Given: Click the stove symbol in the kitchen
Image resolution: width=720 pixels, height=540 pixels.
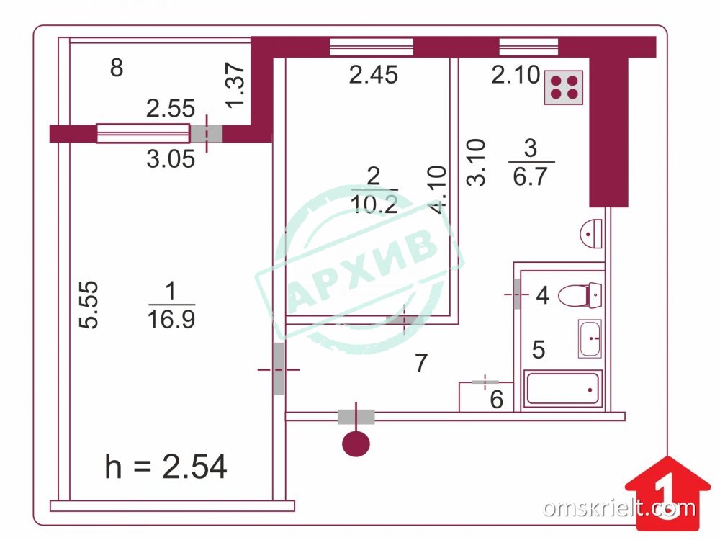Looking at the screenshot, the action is coord(564,87).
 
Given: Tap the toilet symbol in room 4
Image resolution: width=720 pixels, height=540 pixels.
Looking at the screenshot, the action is coord(580,295).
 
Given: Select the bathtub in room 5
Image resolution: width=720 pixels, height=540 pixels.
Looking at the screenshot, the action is coord(563,389).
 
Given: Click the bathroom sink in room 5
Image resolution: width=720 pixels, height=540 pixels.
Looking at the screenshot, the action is coord(590,338).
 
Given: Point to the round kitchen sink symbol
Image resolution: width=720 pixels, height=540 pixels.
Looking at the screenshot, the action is coord(591,234).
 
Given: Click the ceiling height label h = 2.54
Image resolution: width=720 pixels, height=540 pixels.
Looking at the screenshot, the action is coord(166,467).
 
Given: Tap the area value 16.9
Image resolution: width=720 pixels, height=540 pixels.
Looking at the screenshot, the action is coord(171,319).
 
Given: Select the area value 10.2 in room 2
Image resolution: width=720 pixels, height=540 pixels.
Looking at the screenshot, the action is coord(374,204).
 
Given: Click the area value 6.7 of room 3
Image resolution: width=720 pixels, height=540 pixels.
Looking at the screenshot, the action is coord(531,176).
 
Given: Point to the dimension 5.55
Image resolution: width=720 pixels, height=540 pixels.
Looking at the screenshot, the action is coord(89,305).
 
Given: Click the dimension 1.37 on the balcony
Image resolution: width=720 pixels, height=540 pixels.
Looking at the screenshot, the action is coord(236,85).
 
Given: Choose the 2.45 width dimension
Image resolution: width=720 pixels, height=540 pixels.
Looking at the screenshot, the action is coord(373,75).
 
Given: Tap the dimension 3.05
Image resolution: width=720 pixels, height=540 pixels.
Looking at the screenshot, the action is coord(171,159).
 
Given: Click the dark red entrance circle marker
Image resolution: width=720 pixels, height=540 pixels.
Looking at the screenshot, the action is coord(356,443).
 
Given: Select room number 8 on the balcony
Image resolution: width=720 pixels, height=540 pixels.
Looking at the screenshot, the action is coord(117,68).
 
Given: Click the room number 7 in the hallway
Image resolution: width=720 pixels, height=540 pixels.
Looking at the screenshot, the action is coord(421,363).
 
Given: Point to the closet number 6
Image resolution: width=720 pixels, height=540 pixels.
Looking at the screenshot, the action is coord(496,400).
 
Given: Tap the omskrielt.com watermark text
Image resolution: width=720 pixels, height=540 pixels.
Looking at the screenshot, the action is coord(619,508).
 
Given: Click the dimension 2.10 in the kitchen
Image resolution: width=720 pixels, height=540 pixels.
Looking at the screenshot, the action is coord(516,75).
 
